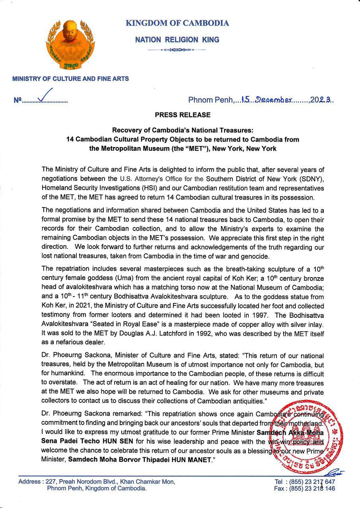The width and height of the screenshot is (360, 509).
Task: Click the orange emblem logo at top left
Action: [70, 46]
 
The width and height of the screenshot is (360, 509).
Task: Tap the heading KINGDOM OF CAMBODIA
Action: [177, 23]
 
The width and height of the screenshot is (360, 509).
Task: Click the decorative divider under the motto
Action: [177, 50]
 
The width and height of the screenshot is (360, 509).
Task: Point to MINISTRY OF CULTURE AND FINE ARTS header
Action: [70, 79]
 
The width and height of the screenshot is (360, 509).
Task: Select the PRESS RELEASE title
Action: [183, 115]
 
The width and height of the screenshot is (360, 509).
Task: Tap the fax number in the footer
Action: [312, 489]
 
